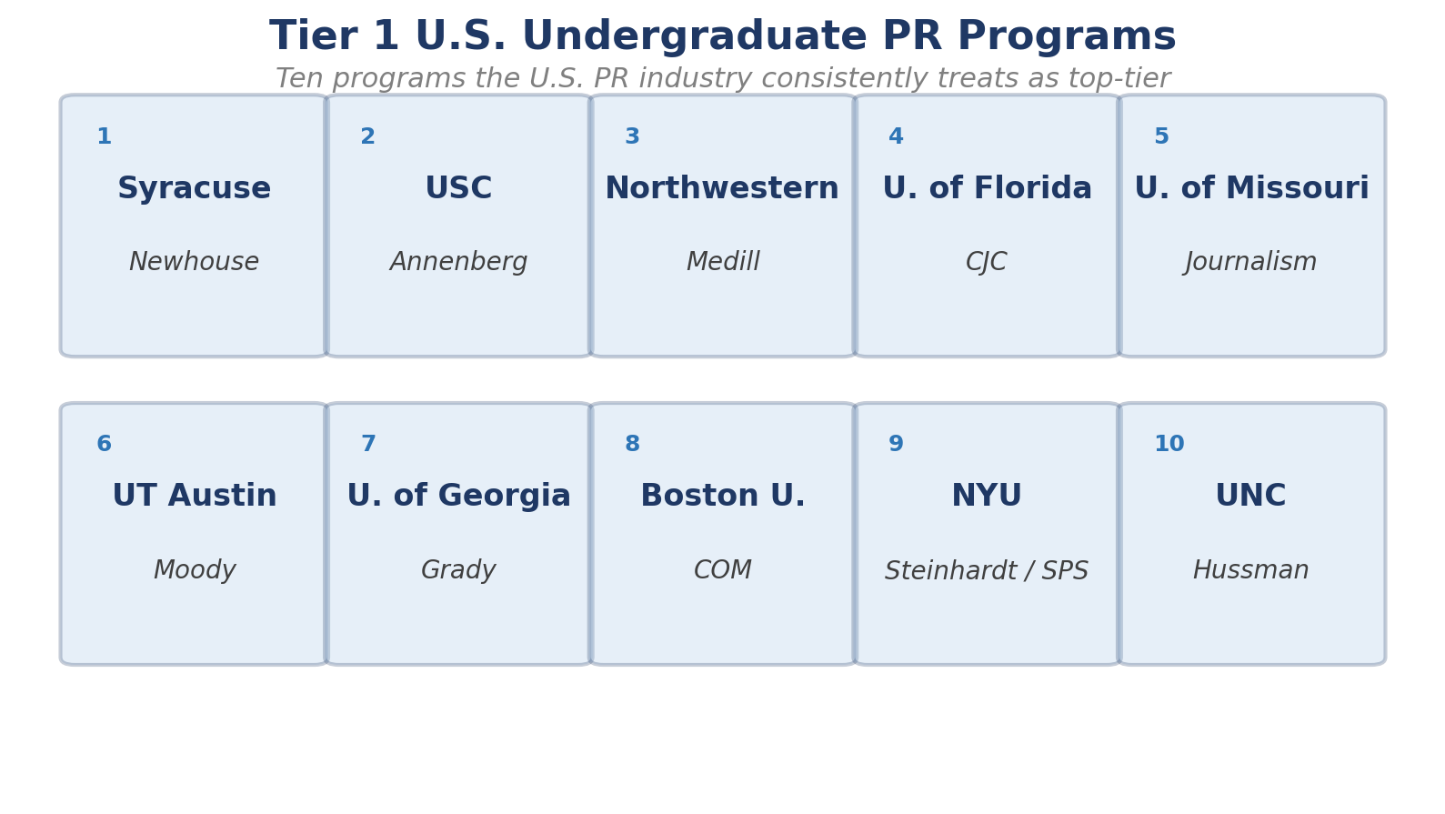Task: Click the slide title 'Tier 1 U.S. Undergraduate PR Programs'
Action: pyautogui.click(x=722, y=37)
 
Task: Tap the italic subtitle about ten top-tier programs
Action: pyautogui.click(x=722, y=79)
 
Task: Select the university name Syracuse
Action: pyautogui.click(x=194, y=189)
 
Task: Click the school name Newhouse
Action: pyautogui.click(x=194, y=263)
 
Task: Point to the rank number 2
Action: pyautogui.click(x=367, y=137)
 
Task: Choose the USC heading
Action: pyautogui.click(x=458, y=189)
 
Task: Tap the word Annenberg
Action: pyautogui.click(x=458, y=263)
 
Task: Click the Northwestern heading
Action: pyautogui.click(x=722, y=189)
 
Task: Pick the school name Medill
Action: pyautogui.click(x=722, y=263)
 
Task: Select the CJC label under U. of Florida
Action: pyautogui.click(x=987, y=263)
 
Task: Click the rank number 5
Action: pyautogui.click(x=1161, y=137)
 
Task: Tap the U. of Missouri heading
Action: pyautogui.click(x=1251, y=189)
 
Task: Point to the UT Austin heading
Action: pyautogui.click(x=194, y=497)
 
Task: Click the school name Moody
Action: pyautogui.click(x=194, y=571)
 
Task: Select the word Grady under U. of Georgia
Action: pyautogui.click(x=458, y=571)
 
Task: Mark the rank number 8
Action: pyautogui.click(x=632, y=445)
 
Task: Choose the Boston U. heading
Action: pyautogui.click(x=722, y=497)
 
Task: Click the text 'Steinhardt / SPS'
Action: pyautogui.click(x=987, y=571)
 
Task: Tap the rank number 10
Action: pyautogui.click(x=1169, y=445)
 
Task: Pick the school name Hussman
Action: pyautogui.click(x=1251, y=571)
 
